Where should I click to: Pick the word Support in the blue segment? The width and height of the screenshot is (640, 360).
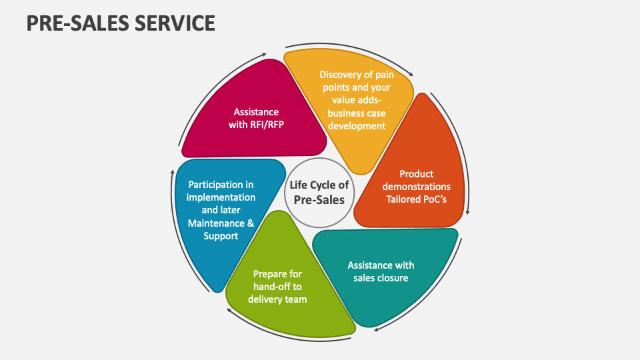point(221,235)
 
